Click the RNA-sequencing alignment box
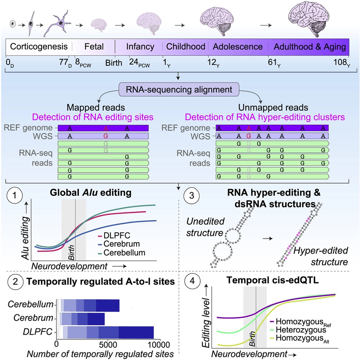180,88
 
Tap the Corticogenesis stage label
39,47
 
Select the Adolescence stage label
238,47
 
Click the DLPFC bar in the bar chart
106,332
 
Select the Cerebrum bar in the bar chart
82,319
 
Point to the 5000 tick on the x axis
108,344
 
